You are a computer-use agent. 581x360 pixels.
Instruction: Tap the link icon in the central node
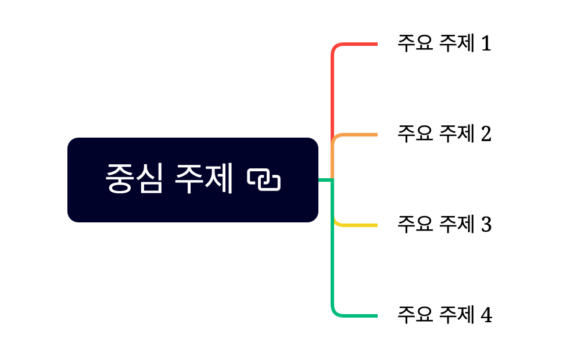(264, 179)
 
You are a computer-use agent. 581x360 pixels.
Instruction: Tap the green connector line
(333, 261)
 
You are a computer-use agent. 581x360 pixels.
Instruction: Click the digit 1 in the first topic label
(486, 44)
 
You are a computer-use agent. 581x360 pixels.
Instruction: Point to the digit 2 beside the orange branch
(486, 134)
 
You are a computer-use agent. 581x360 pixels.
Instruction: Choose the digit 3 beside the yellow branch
(486, 225)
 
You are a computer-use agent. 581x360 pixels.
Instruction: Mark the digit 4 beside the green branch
(486, 316)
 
